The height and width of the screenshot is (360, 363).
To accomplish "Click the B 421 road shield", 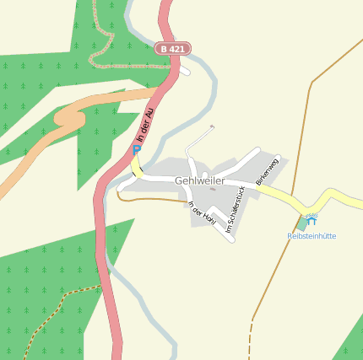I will [x=172, y=49].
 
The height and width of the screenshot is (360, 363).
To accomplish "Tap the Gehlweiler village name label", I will [x=200, y=180].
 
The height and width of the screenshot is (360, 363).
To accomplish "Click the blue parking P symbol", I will [x=137, y=149].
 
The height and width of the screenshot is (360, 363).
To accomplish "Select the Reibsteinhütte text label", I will [x=312, y=236].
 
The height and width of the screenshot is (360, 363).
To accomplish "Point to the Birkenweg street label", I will [x=266, y=171].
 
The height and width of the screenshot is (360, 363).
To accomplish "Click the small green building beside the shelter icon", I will [x=301, y=224].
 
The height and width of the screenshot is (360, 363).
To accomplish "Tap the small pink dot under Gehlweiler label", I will [x=212, y=189].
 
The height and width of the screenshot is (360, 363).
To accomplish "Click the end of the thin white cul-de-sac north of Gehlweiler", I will [x=212, y=126].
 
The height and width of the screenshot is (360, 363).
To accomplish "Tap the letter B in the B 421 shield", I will [x=163, y=49].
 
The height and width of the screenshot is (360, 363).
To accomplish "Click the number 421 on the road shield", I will [x=176, y=49].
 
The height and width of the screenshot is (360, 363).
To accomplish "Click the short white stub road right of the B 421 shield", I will [x=185, y=71].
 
